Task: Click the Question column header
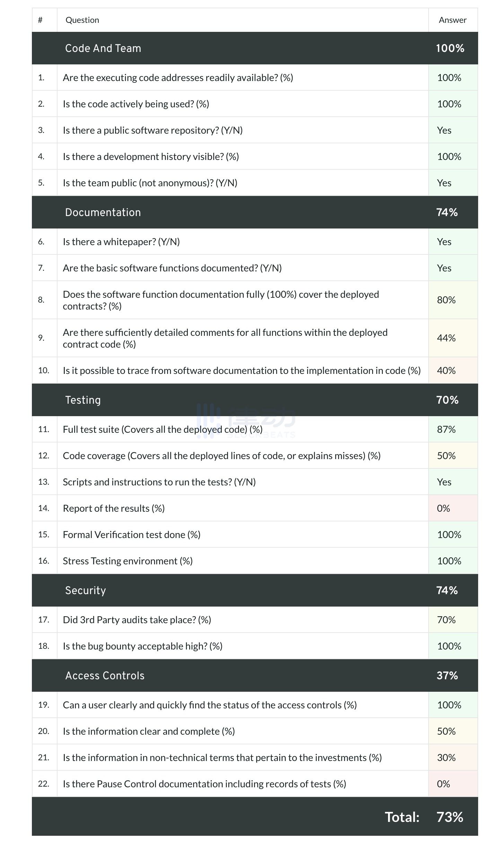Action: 82,20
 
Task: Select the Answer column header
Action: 452,20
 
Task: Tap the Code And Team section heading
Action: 103,48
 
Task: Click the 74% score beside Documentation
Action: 447,212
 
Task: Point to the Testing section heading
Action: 83,400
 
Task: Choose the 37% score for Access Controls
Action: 447,675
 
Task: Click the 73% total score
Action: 450,817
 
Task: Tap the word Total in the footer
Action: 402,817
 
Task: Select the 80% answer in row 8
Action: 446,300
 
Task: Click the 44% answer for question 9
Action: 446,338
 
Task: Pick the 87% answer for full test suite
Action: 446,429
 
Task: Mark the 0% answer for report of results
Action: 443,508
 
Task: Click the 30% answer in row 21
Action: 446,758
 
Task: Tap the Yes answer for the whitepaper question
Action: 444,242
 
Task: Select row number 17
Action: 44,620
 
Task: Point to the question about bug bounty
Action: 142,646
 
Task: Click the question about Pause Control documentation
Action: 204,784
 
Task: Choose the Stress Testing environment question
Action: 128,561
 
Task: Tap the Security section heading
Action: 85,590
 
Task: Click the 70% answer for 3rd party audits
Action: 446,620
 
